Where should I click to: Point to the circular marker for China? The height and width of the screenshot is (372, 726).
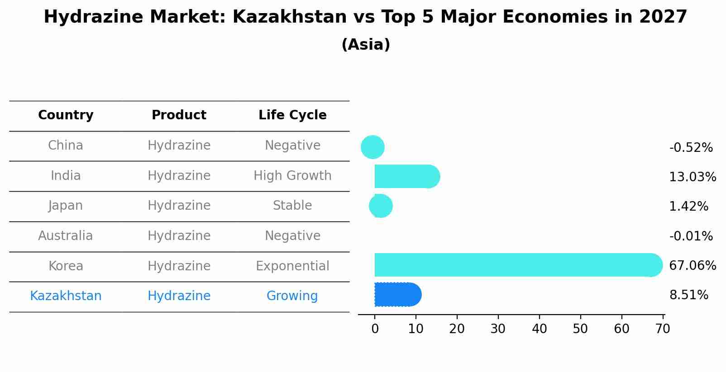[x=373, y=147]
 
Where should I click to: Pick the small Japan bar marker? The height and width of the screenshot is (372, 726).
[x=381, y=206]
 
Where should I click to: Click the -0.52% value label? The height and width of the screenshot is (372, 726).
[x=691, y=148]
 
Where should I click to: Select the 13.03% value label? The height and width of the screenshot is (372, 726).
[x=692, y=177]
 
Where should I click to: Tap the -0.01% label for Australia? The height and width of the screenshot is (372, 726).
[x=691, y=236]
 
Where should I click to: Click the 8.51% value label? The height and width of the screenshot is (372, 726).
[x=688, y=295]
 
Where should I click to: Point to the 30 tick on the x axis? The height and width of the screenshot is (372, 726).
[x=498, y=329]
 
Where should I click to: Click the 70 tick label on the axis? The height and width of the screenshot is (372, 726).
[x=662, y=329]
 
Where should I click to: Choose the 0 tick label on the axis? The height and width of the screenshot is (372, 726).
[x=375, y=329]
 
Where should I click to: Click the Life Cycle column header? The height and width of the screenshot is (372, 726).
[x=292, y=115]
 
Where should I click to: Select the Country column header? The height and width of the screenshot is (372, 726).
[x=66, y=115]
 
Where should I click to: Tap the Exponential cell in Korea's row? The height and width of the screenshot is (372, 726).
[x=292, y=266]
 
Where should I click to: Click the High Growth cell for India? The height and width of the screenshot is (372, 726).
[x=292, y=175]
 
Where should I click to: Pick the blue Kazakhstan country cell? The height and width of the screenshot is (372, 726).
[x=66, y=296]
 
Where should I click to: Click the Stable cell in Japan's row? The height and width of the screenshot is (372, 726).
[x=292, y=206]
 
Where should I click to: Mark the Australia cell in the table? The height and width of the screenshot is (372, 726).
[x=66, y=236]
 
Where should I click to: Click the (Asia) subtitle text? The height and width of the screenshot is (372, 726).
[x=365, y=45]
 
